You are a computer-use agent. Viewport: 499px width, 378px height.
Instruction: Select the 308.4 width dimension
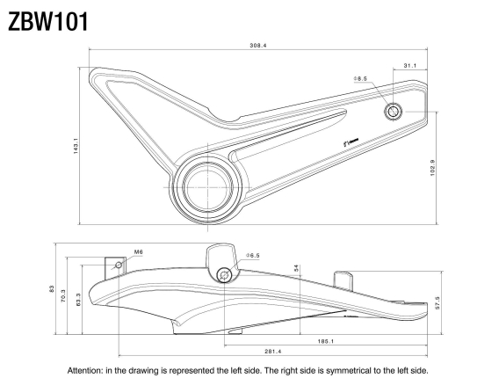(x=257, y=45)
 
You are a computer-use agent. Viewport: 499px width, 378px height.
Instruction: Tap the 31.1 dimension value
(x=409, y=65)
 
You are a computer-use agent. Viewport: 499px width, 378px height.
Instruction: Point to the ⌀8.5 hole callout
(x=360, y=79)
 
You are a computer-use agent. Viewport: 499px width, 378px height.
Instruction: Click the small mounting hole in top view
(x=393, y=111)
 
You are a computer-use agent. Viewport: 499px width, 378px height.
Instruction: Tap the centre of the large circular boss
(x=208, y=186)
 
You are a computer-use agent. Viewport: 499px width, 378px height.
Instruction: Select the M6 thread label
(x=139, y=251)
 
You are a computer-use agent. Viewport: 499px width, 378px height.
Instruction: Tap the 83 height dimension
(x=54, y=288)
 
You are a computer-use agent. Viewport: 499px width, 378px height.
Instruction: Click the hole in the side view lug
(x=226, y=275)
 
